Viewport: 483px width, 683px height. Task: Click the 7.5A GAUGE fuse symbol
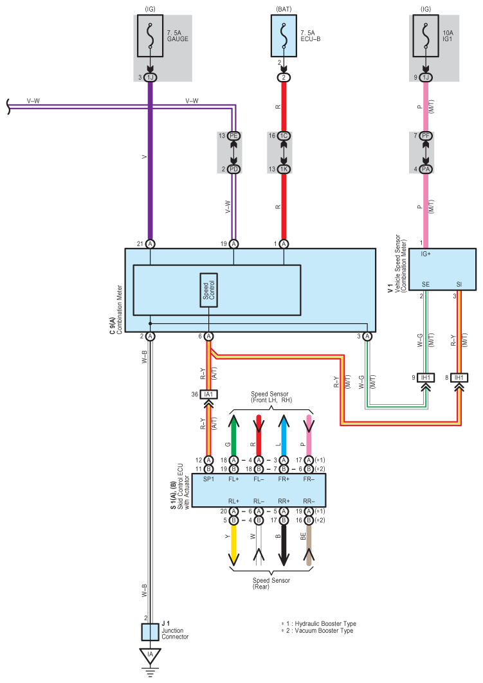click(x=150, y=36)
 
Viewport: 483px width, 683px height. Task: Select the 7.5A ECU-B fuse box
click(x=284, y=36)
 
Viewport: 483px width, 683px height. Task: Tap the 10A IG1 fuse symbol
click(x=426, y=36)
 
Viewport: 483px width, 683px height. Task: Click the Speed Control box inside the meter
click(x=209, y=290)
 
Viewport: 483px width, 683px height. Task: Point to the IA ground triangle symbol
click(x=150, y=655)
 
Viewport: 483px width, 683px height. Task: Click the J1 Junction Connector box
click(x=150, y=632)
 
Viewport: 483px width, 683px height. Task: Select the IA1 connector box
click(x=209, y=395)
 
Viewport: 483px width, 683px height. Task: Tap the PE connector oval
click(x=233, y=136)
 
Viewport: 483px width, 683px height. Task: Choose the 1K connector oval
click(x=284, y=169)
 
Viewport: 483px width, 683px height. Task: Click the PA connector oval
click(x=426, y=169)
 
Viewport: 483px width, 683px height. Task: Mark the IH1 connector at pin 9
click(x=426, y=378)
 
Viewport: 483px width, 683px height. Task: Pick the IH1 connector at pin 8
click(x=459, y=378)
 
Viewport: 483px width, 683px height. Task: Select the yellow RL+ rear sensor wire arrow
click(x=233, y=546)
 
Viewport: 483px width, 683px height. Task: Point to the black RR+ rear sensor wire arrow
click(x=284, y=546)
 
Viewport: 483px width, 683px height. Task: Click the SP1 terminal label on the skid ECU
click(x=209, y=479)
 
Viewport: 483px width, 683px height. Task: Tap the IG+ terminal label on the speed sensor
click(x=426, y=254)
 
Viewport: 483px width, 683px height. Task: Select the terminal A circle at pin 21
click(x=150, y=244)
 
